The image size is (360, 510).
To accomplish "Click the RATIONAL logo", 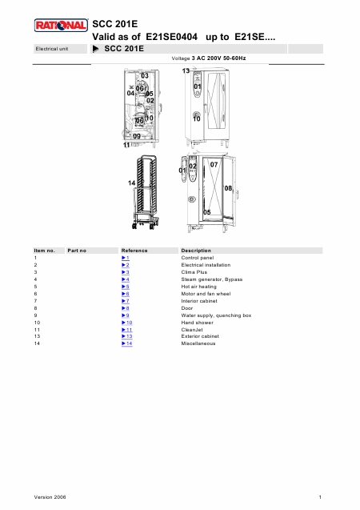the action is (x=61, y=26).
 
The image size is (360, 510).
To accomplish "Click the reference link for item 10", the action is (x=127, y=323).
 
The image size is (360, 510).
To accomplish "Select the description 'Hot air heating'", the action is (x=199, y=287).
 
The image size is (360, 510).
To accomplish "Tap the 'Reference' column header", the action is (x=134, y=251).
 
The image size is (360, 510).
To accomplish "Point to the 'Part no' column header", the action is (x=77, y=251).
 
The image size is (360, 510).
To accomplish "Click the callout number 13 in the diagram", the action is (x=186, y=70).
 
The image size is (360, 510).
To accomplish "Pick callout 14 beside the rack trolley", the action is (x=131, y=183).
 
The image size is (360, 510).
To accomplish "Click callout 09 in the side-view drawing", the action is (x=137, y=136).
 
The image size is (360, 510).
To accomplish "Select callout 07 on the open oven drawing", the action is (x=214, y=165).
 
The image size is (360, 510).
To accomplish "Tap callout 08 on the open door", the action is (x=228, y=188).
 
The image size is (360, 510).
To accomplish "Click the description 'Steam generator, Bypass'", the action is (x=212, y=279).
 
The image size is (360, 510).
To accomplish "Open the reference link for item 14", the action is (x=127, y=343).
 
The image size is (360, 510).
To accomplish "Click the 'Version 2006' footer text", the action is (x=50, y=497).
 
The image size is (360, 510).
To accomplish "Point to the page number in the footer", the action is (x=320, y=497).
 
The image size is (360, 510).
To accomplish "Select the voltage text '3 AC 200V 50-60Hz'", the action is (x=218, y=58).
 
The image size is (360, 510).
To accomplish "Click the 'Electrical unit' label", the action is (x=52, y=49).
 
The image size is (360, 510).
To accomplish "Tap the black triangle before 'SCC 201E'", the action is (x=95, y=49).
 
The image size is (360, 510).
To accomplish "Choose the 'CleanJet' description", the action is (x=192, y=330).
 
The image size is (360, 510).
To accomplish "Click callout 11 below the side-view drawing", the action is (x=126, y=145).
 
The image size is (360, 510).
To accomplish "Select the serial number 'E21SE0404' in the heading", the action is (x=171, y=37).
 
